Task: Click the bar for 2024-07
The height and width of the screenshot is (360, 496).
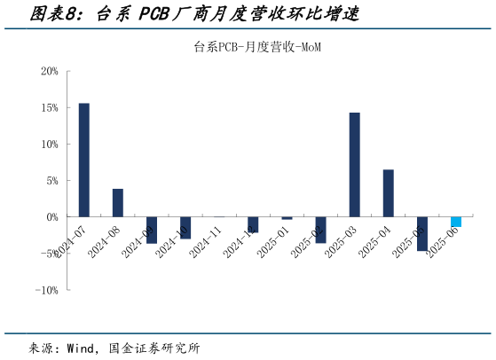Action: click(x=84, y=160)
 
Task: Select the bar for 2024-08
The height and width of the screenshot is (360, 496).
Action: click(x=118, y=202)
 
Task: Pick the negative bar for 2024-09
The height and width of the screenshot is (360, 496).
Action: click(x=152, y=230)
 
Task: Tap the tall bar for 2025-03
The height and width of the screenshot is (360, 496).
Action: click(x=355, y=164)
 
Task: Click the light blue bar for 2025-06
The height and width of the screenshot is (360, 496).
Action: click(x=456, y=222)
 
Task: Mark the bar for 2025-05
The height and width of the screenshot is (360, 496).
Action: click(x=422, y=233)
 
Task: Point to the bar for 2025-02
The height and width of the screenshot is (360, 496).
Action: click(x=321, y=230)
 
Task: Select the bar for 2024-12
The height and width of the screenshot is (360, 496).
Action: click(x=253, y=224)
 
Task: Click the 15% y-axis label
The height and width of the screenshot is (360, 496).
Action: click(x=50, y=107)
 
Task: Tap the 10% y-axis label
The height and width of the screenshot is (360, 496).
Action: click(x=50, y=144)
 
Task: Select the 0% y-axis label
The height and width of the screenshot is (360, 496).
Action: click(x=52, y=216)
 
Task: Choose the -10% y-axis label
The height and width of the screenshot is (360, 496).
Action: click(x=47, y=289)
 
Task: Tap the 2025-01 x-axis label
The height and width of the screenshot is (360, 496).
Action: click(x=273, y=241)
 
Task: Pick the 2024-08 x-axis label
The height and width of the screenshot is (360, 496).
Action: click(x=105, y=241)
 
